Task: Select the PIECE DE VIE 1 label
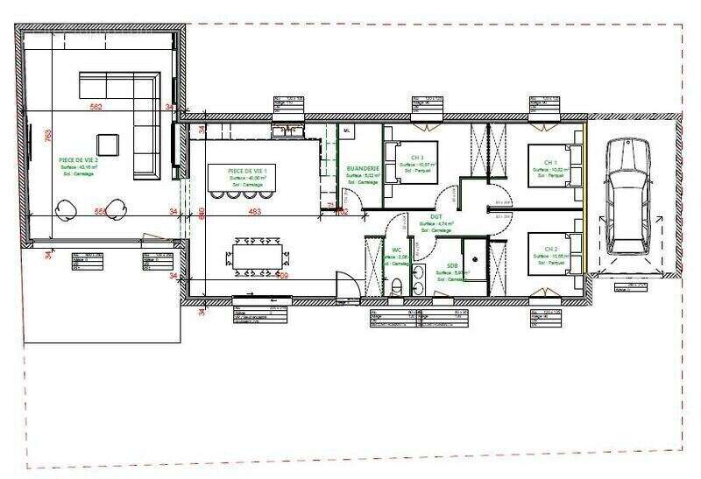pos(252,170)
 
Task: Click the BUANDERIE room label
pos(362,167)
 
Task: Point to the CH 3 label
pos(416,158)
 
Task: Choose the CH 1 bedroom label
pos(549,163)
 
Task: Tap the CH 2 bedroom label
pos(549,250)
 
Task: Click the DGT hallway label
pos(435,216)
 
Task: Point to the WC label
pos(396,250)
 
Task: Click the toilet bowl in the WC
pos(398,285)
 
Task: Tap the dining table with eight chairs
pos(258,256)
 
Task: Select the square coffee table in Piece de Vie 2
pos(108,144)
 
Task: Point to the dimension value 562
pos(96,107)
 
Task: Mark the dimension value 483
pos(254,211)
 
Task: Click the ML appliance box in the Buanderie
pos(347,130)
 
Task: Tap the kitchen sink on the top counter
pos(287,131)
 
